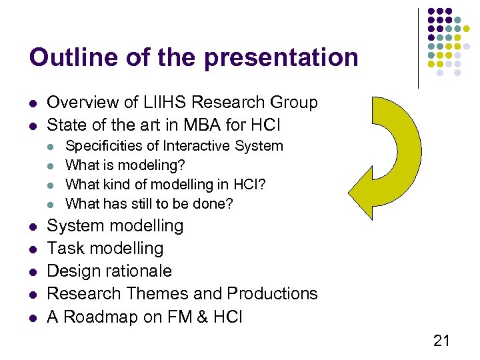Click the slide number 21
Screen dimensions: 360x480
coord(441,341)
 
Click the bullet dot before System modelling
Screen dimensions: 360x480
coord(33,227)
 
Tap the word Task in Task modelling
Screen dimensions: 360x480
coord(64,249)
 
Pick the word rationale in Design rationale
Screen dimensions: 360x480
coord(141,271)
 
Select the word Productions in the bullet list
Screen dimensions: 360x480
coord(272,294)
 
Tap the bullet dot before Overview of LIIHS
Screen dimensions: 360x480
coord(33,103)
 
